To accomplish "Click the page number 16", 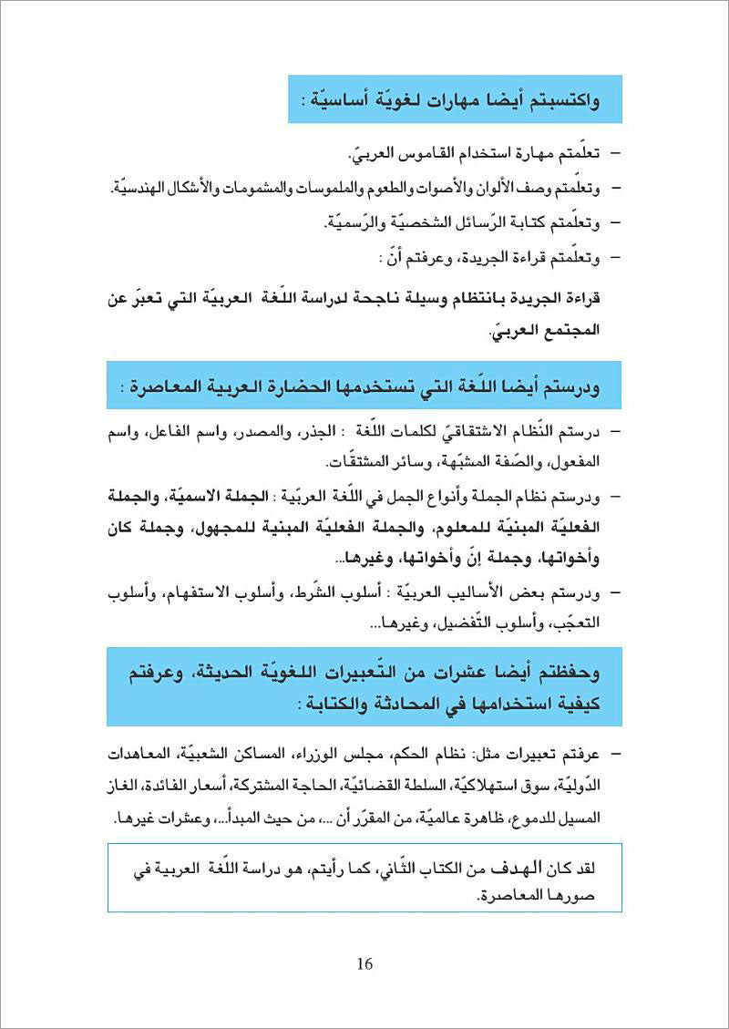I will (364, 964).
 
